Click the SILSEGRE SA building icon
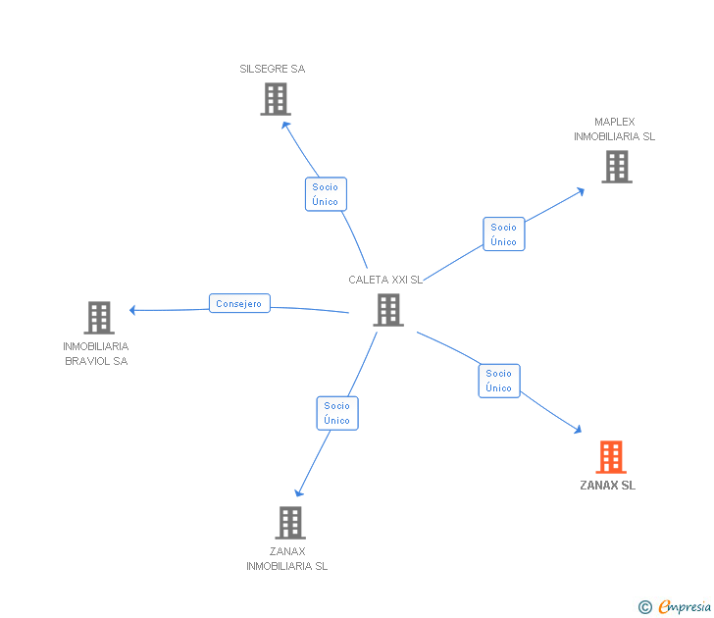[x=276, y=98]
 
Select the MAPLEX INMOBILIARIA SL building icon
[x=616, y=167]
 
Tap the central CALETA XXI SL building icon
[x=388, y=310]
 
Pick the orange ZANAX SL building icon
[x=610, y=457]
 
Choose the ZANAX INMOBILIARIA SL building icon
[x=289, y=522]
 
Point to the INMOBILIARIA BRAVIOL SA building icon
[x=99, y=317]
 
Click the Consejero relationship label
[x=239, y=304]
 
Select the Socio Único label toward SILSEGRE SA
[x=326, y=194]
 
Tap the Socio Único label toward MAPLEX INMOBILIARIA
[x=503, y=234]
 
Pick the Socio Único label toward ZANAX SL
[x=498, y=381]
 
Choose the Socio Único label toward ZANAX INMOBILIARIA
[x=336, y=413]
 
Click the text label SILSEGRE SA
[x=273, y=69]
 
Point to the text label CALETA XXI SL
[x=385, y=280]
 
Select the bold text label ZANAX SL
[x=608, y=486]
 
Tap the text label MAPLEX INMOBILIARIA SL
[x=614, y=129]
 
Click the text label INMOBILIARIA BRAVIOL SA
[x=96, y=353]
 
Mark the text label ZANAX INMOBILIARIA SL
[x=287, y=558]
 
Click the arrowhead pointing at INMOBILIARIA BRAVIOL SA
[x=132, y=310]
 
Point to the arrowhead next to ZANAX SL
[x=578, y=429]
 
